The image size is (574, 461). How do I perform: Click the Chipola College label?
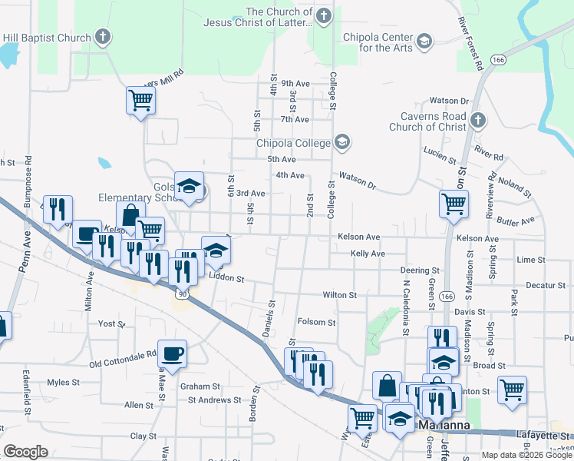coord(293,142)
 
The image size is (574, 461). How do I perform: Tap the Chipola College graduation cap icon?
coord(342,142)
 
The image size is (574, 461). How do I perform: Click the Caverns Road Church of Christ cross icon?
coord(477,120)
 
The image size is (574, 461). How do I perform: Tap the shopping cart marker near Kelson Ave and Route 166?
coord(454,204)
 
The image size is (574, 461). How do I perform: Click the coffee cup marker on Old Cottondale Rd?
coord(172,354)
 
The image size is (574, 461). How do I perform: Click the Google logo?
coord(25,451)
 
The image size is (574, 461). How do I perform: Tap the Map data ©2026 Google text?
coord(526,454)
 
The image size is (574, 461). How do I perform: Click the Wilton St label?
coord(340,295)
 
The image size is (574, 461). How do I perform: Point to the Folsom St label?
coord(317,323)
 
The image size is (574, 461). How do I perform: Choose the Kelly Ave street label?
coord(368,254)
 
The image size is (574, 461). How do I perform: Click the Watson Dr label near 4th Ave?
coord(358,181)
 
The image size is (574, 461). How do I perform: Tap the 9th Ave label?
coord(295,83)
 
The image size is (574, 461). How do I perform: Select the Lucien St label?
coord(440,155)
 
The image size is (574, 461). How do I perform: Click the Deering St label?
coord(420,270)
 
